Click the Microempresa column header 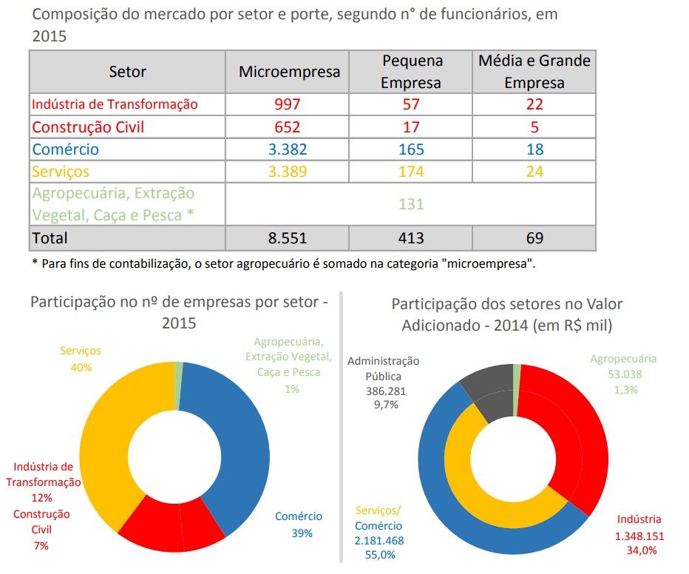pos(289,72)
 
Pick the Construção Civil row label pos(87,127)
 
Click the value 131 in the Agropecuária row pos(411,204)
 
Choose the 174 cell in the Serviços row pos(411,172)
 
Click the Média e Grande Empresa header pos(534,72)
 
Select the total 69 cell pos(534,238)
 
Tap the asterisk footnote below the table pos(283,264)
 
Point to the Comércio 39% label pos(299,524)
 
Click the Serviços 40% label pos(81,359)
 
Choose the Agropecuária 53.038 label pos(622,374)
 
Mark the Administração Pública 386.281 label pos(383,382)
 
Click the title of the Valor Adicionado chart pos(506,314)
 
